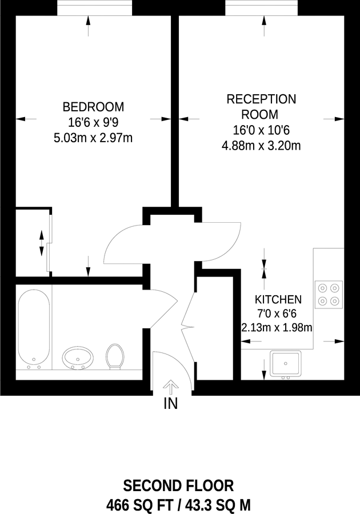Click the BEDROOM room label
(93, 107)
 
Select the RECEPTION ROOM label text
(261, 106)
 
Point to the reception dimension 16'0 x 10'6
(261, 130)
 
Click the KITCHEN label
(278, 299)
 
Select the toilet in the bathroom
(115, 357)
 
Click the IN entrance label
(171, 404)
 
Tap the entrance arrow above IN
(171, 387)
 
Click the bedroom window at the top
(94, 9)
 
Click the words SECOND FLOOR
(179, 486)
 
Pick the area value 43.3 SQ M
(216, 504)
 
